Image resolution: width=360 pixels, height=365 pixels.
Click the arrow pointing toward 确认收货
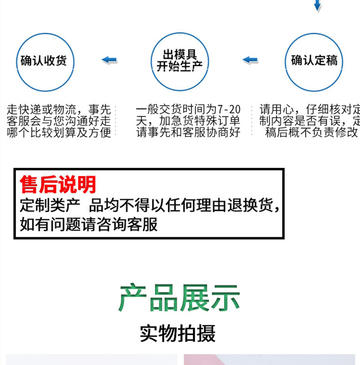109,60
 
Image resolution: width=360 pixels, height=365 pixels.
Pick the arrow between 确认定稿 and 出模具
250,60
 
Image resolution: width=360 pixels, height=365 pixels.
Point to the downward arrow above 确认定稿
317,5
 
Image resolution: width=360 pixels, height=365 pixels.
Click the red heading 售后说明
58,185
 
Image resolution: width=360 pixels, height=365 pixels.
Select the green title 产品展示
179,297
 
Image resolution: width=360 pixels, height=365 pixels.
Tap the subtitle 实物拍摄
178,333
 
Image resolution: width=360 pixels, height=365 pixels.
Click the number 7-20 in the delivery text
229,109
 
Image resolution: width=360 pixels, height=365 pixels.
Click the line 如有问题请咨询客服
89,224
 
